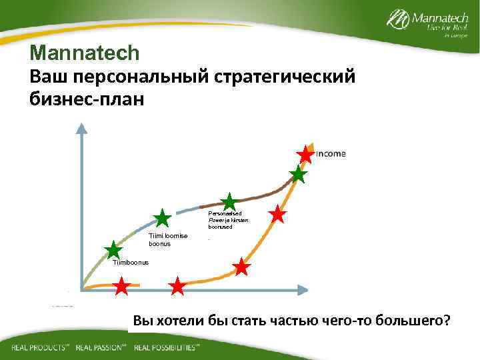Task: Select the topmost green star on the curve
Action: click(x=298, y=175)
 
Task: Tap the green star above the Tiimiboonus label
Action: click(x=113, y=250)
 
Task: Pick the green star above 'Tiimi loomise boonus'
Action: click(x=162, y=218)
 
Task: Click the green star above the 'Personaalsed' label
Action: click(x=229, y=202)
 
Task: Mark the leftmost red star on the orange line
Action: click(x=121, y=287)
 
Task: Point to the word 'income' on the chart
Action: click(x=331, y=154)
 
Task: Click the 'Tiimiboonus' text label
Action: click(x=131, y=263)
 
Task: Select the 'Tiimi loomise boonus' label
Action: click(x=168, y=240)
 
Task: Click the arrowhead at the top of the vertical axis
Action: click(x=81, y=128)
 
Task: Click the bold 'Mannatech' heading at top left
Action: click(x=84, y=52)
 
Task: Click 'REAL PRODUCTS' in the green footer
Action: click(x=41, y=348)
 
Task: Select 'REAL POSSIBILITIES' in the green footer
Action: click(x=166, y=348)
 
